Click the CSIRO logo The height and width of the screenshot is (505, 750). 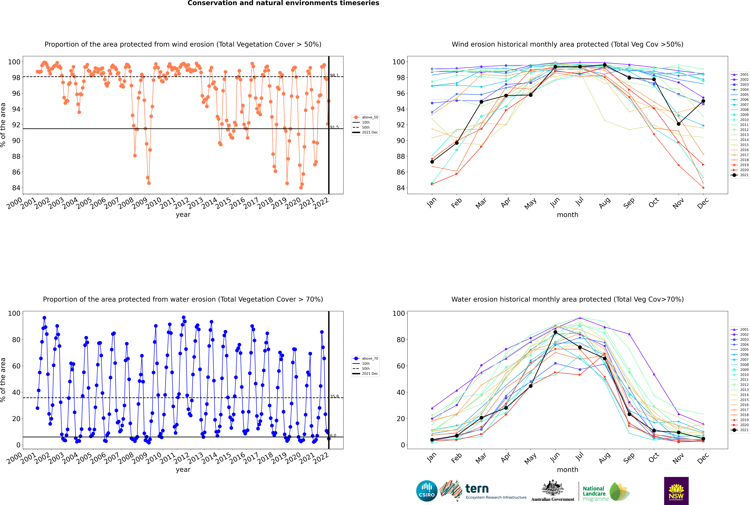pos(427,491)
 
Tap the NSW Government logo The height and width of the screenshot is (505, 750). pos(676,491)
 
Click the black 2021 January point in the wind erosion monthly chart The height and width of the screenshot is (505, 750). pos(432,162)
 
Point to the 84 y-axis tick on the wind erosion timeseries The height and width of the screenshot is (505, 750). pos(16,188)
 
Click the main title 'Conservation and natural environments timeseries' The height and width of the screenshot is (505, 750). pos(283,3)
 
